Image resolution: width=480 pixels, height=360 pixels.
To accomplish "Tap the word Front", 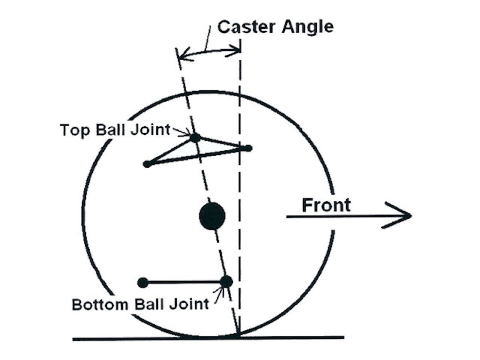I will pyautogui.click(x=326, y=205).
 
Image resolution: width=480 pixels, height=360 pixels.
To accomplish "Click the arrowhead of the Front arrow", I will pyautogui.click(x=404, y=216).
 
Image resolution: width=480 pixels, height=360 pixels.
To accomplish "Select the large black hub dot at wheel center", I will pyautogui.click(x=212, y=216).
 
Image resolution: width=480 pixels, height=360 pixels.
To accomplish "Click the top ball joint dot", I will pyautogui.click(x=195, y=138).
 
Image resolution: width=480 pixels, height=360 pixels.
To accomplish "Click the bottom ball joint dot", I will pyautogui.click(x=226, y=282).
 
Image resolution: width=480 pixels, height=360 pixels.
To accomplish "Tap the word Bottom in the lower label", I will pyautogui.click(x=97, y=304).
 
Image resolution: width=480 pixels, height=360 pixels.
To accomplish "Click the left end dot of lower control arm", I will pyautogui.click(x=143, y=283).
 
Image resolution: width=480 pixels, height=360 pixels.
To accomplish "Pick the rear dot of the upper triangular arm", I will pyautogui.click(x=147, y=164).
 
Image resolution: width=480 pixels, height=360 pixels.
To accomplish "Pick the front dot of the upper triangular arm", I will pyautogui.click(x=248, y=148).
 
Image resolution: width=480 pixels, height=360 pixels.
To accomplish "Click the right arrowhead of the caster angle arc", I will pyautogui.click(x=236, y=51).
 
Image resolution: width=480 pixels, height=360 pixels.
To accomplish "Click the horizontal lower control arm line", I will pyautogui.click(x=184, y=282).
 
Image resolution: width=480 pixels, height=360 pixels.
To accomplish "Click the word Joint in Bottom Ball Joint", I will pyautogui.click(x=191, y=304).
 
